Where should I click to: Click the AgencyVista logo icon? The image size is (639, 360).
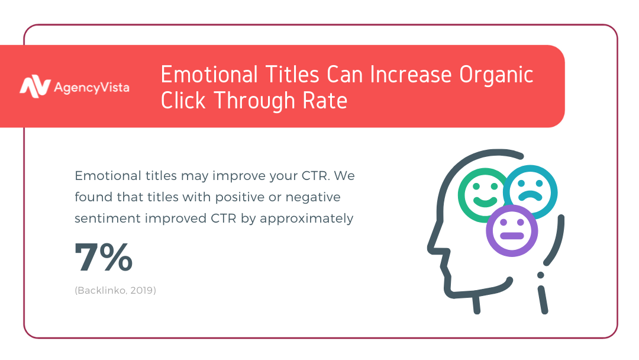(x=35, y=86)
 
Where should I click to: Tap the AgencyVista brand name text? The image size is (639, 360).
(x=92, y=88)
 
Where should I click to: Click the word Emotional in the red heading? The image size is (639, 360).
(x=209, y=75)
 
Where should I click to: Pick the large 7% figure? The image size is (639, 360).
(x=104, y=257)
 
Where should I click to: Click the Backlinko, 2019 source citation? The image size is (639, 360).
(x=115, y=290)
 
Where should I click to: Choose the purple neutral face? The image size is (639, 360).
(x=512, y=231)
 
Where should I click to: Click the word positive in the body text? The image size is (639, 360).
(x=240, y=197)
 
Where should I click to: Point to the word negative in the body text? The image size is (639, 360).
(x=313, y=197)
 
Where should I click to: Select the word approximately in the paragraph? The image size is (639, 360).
(x=306, y=219)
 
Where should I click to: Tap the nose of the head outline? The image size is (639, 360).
(x=432, y=247)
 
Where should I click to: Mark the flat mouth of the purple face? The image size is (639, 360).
(x=512, y=236)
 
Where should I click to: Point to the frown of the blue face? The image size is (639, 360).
(x=530, y=195)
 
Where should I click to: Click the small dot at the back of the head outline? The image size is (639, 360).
(x=541, y=275)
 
